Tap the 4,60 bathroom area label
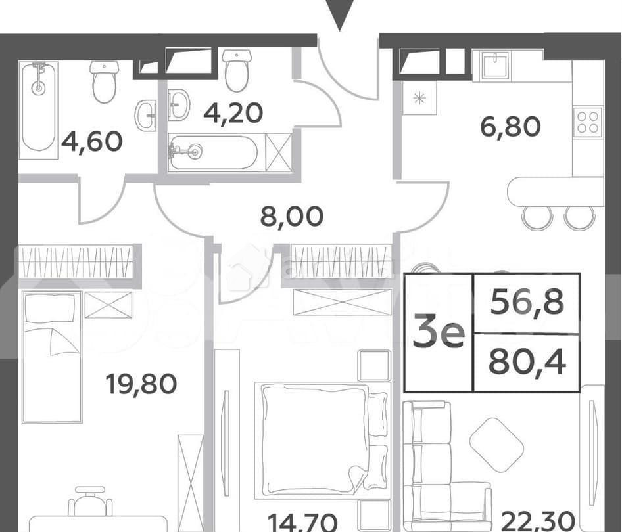pyautogui.click(x=91, y=142)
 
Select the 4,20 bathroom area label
pyautogui.click(x=233, y=112)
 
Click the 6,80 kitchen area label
pyautogui.click(x=510, y=127)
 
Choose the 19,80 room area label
pyautogui.click(x=141, y=384)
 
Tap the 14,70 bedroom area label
pyautogui.click(x=302, y=522)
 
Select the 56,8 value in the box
pyautogui.click(x=527, y=303)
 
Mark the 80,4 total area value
pyautogui.click(x=527, y=363)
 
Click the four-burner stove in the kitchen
pyautogui.click(x=588, y=122)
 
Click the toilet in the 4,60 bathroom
pyautogui.click(x=105, y=81)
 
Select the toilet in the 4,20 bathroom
pyautogui.click(x=237, y=70)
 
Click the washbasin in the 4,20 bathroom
pyautogui.click(x=179, y=104)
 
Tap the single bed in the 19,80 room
pyautogui.click(x=51, y=357)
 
